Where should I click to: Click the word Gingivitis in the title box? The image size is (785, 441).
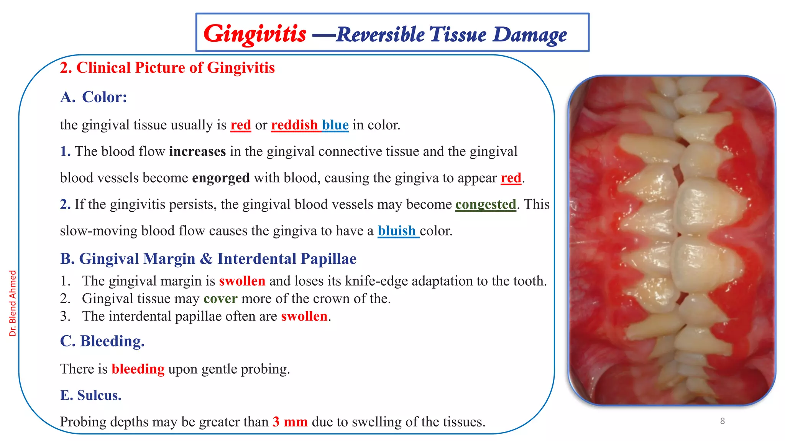255,34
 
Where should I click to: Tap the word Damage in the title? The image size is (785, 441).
530,35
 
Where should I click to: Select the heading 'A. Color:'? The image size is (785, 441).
94,97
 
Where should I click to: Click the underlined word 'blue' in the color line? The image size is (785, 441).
335,125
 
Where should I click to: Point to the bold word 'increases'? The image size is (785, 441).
197,152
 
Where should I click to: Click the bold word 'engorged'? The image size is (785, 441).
221,178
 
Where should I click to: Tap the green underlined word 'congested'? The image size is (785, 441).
486,204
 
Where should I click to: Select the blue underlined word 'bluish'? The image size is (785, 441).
397,231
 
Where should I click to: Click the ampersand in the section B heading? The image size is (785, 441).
206,259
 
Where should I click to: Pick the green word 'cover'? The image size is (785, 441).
220,299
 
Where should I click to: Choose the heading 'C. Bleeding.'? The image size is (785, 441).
102,341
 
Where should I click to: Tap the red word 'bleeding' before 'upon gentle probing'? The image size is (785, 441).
138,369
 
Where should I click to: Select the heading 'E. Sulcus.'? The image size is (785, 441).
91,395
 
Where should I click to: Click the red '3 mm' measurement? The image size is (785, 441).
290,422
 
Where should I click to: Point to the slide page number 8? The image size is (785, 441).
723,421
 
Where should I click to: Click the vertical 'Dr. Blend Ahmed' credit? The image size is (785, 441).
13,303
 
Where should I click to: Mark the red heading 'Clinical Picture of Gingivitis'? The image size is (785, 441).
175,68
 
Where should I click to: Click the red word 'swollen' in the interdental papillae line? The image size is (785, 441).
304,316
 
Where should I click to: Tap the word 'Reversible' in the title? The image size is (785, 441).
380,35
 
